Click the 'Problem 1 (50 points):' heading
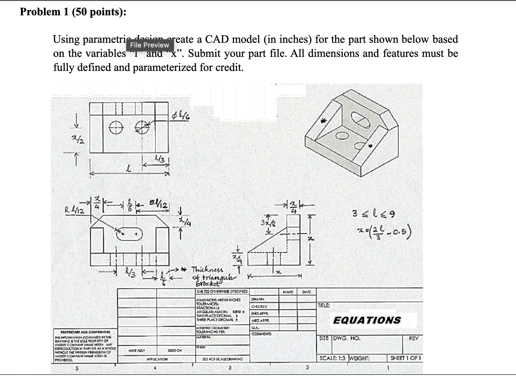tap(73, 12)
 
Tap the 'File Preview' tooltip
tap(149, 45)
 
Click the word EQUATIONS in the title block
tap(367, 320)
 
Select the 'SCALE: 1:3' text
tap(332, 358)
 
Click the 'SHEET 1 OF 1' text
tap(406, 358)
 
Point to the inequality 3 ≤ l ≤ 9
tap(373, 214)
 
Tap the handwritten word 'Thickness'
tap(207, 269)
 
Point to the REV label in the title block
tap(413, 338)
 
